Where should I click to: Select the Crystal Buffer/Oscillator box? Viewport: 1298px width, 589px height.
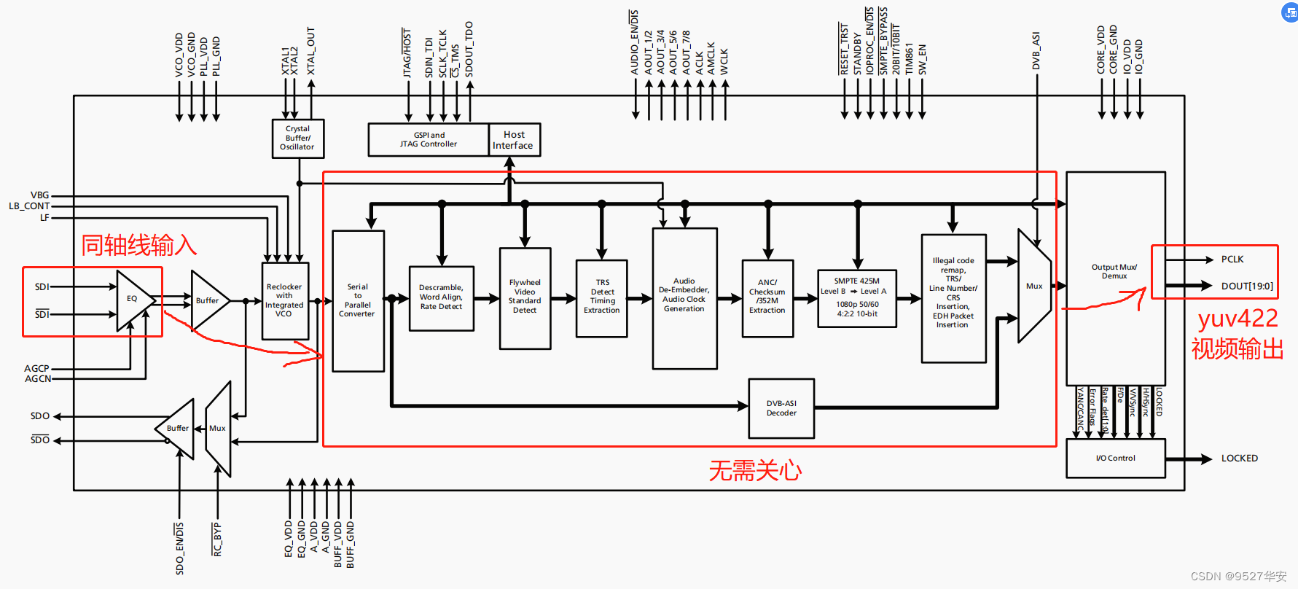point(297,138)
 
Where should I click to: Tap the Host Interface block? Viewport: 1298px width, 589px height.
point(513,140)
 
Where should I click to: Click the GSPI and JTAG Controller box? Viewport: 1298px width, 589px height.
point(428,140)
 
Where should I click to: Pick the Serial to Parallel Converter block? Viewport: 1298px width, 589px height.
point(358,300)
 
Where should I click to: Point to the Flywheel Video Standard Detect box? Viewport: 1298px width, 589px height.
point(525,297)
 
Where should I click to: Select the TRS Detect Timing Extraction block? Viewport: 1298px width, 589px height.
point(601,297)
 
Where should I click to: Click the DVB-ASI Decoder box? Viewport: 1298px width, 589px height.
point(781,408)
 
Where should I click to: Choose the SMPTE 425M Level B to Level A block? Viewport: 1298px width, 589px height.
point(857,297)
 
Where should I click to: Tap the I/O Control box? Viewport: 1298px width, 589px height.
point(1115,458)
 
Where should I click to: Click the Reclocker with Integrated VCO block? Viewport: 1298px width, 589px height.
point(284,300)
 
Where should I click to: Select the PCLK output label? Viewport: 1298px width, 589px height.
point(1232,260)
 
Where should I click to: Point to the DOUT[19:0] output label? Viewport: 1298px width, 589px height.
point(1247,286)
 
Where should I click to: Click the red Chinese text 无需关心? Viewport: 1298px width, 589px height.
point(754,471)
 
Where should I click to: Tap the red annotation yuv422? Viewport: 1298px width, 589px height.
point(1238,319)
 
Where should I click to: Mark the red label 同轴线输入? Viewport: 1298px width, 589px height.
point(138,246)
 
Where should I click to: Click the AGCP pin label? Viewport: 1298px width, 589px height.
point(36,368)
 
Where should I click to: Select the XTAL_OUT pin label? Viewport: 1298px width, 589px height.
point(311,51)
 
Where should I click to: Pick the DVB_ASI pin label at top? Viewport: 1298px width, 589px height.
point(1036,51)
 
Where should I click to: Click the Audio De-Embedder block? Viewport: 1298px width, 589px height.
point(684,295)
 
